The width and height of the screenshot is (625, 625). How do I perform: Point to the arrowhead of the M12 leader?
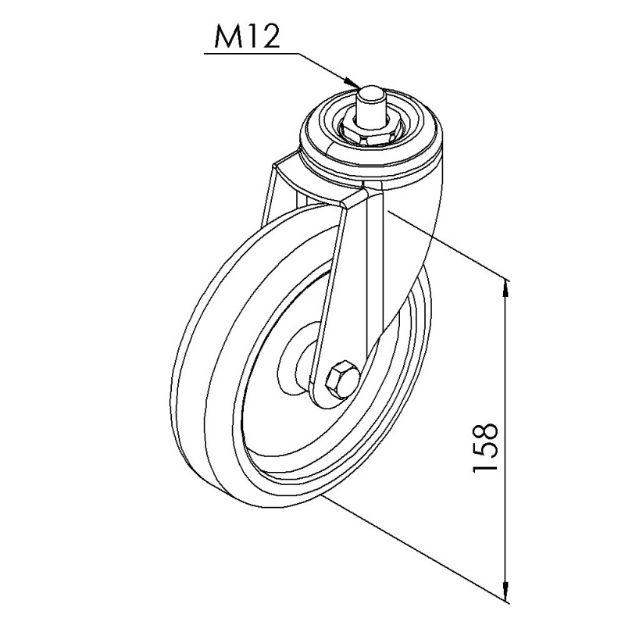[x=353, y=83]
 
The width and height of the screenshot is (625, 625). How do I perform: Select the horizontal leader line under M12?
[x=250, y=53]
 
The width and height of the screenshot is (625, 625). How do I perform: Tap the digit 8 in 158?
[x=485, y=431]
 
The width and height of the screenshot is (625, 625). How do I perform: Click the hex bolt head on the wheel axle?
[x=342, y=380]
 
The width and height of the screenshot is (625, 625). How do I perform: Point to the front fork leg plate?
[x=348, y=281]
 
